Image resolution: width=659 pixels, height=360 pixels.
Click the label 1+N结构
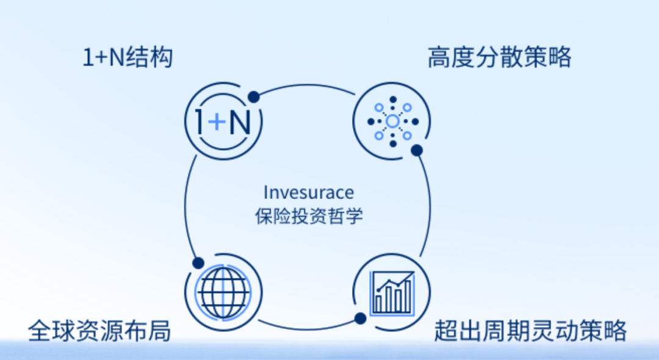tap(128, 59)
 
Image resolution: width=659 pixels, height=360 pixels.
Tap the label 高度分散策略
tap(499, 58)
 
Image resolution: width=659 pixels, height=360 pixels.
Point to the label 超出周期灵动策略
tap(530, 331)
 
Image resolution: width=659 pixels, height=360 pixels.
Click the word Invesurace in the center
tap(309, 192)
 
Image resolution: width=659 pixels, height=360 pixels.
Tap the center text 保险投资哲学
tap(309, 216)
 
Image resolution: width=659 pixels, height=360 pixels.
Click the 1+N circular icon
tap(223, 122)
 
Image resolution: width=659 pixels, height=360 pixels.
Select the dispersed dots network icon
tap(392, 121)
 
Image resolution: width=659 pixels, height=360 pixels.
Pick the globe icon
tap(223, 292)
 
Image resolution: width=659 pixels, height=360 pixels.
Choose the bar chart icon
tap(392, 292)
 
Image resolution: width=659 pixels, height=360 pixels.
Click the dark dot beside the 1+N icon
tap(254, 96)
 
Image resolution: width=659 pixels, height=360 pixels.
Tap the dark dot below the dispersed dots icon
tap(417, 149)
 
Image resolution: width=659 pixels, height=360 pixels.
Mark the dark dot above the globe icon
tap(198, 262)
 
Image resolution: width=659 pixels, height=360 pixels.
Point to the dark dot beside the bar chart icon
tap(360, 318)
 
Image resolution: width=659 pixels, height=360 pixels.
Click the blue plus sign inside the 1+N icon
tap(217, 123)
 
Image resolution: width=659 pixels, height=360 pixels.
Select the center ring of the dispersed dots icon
tap(392, 121)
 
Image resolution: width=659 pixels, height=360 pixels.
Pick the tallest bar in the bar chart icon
tap(406, 297)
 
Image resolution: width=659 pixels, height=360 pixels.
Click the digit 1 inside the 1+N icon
tap(200, 123)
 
